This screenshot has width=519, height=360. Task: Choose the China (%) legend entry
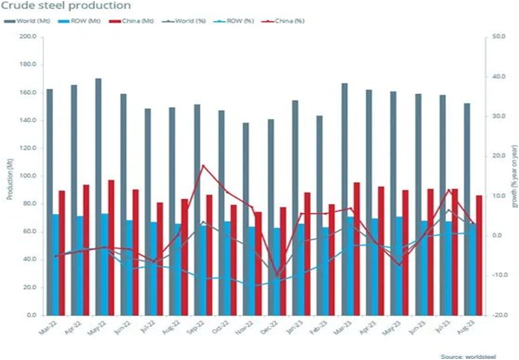tap(282, 21)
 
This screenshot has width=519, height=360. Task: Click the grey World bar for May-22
tap(99, 197)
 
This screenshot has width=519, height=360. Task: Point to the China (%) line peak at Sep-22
tap(202, 166)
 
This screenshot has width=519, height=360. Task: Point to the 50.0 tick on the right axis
tap(499, 37)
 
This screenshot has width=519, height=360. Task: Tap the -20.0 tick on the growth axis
tap(499, 315)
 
